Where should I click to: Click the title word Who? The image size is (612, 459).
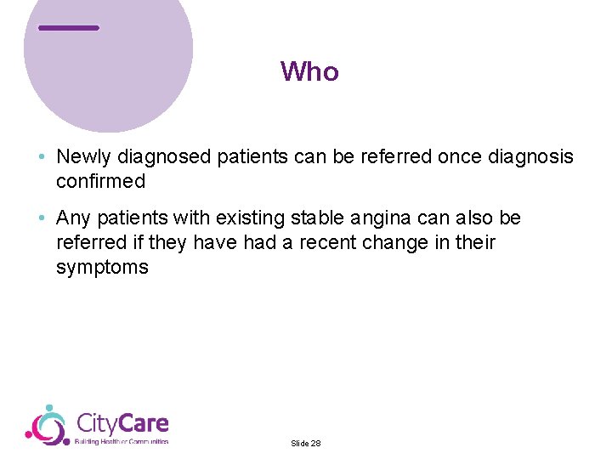pos(309,71)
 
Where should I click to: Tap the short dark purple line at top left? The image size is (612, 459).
pos(69,28)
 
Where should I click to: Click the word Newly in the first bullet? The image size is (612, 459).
pos(84,157)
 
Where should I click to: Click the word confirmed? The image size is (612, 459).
pos(100,181)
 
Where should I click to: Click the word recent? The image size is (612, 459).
pos(323,243)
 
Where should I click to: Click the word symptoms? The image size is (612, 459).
pos(102,268)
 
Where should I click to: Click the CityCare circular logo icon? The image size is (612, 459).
pos(47,425)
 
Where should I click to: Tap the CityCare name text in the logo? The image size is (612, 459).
pos(122,422)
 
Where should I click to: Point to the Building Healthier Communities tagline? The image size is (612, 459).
pos(122,442)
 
